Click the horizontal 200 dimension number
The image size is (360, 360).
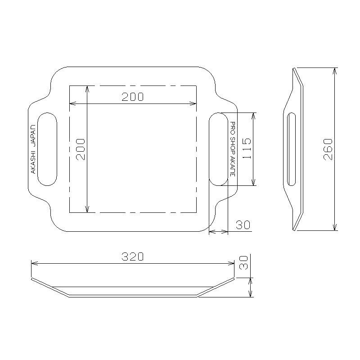pyautogui.click(x=132, y=97)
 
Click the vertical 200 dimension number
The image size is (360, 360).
pyautogui.click(x=81, y=149)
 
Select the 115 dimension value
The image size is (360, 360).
pyautogui.click(x=247, y=148)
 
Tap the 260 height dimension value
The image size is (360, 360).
pyautogui.click(x=328, y=149)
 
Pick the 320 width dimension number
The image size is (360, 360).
pyautogui.click(x=132, y=256)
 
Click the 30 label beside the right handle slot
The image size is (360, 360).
pyautogui.click(x=243, y=225)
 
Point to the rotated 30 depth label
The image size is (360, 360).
pyautogui.click(x=243, y=263)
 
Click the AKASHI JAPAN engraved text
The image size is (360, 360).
pyautogui.click(x=33, y=149)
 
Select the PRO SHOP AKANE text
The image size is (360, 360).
pyautogui.click(x=233, y=149)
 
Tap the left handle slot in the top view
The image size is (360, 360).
pyautogui.click(x=38, y=149)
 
